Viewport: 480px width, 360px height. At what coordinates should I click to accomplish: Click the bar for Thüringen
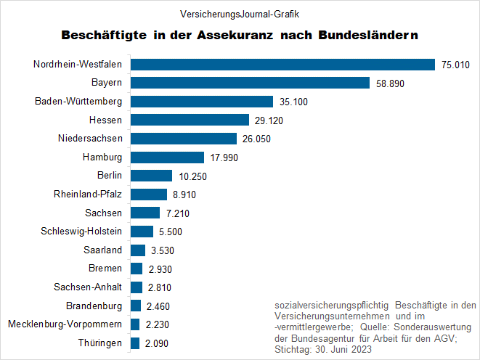[135, 343]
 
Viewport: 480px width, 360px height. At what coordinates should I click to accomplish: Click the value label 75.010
[456, 65]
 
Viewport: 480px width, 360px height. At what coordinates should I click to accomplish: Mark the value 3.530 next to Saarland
[160, 250]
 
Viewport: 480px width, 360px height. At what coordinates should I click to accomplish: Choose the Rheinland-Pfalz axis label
[88, 194]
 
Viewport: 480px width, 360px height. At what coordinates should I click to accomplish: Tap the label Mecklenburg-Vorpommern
[65, 324]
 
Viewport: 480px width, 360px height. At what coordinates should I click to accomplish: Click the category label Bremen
[105, 269]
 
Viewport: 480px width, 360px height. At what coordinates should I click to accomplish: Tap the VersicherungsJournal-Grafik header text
[239, 13]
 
